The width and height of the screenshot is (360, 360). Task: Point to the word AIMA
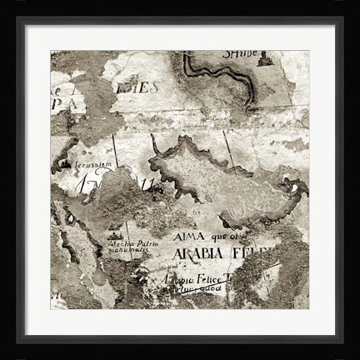(191, 236)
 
